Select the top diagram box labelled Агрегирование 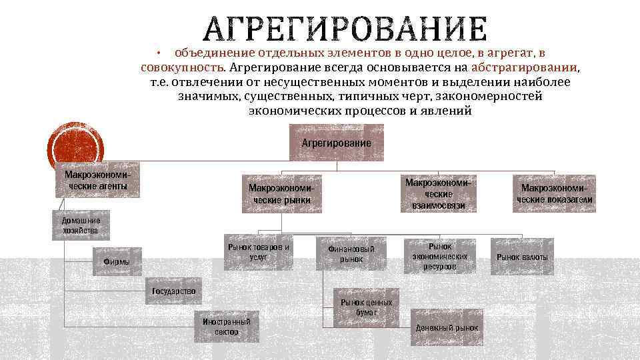point(337,143)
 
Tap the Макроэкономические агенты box point(98,180)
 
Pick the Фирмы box point(117,261)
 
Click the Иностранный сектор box point(227,326)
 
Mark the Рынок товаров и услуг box point(259,251)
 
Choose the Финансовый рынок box point(351,253)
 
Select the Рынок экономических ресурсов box point(440,256)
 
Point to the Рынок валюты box point(522,257)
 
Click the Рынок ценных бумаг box point(367,307)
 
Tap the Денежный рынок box point(447,328)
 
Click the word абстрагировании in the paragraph point(525,67)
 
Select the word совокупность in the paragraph point(182,67)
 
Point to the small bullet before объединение point(159,52)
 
